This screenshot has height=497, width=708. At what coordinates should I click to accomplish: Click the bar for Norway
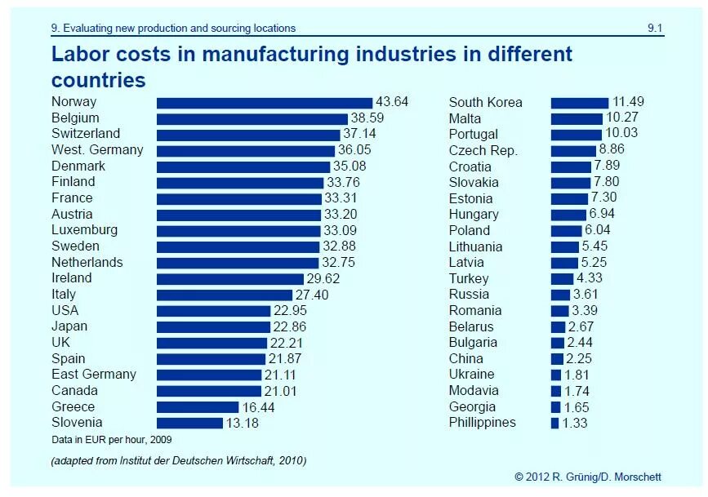[265, 103]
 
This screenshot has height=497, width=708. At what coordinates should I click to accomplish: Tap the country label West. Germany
[97, 150]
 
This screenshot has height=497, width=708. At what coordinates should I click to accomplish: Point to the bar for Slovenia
[189, 423]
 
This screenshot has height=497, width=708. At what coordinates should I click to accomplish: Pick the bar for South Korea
[580, 103]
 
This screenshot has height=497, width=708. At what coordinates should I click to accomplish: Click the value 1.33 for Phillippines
[575, 423]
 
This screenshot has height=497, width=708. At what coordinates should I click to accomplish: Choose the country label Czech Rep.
[483, 150]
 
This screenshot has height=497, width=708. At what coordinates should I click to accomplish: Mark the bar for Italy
[225, 295]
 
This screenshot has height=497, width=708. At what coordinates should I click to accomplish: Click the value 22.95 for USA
[290, 311]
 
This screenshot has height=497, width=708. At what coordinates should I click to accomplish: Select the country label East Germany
[94, 375]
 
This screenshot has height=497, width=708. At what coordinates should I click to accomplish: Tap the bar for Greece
[198, 406]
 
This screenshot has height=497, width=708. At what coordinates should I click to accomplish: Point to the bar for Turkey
[562, 279]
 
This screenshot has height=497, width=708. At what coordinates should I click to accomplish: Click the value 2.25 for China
[581, 359]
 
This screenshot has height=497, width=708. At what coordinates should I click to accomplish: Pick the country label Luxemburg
[84, 230]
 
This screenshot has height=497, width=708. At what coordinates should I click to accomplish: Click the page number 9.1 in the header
[655, 28]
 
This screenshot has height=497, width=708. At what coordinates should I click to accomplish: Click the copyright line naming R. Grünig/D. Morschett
[588, 477]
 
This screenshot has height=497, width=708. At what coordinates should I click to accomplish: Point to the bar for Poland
[566, 231]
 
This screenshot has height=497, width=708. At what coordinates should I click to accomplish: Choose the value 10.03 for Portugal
[621, 135]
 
